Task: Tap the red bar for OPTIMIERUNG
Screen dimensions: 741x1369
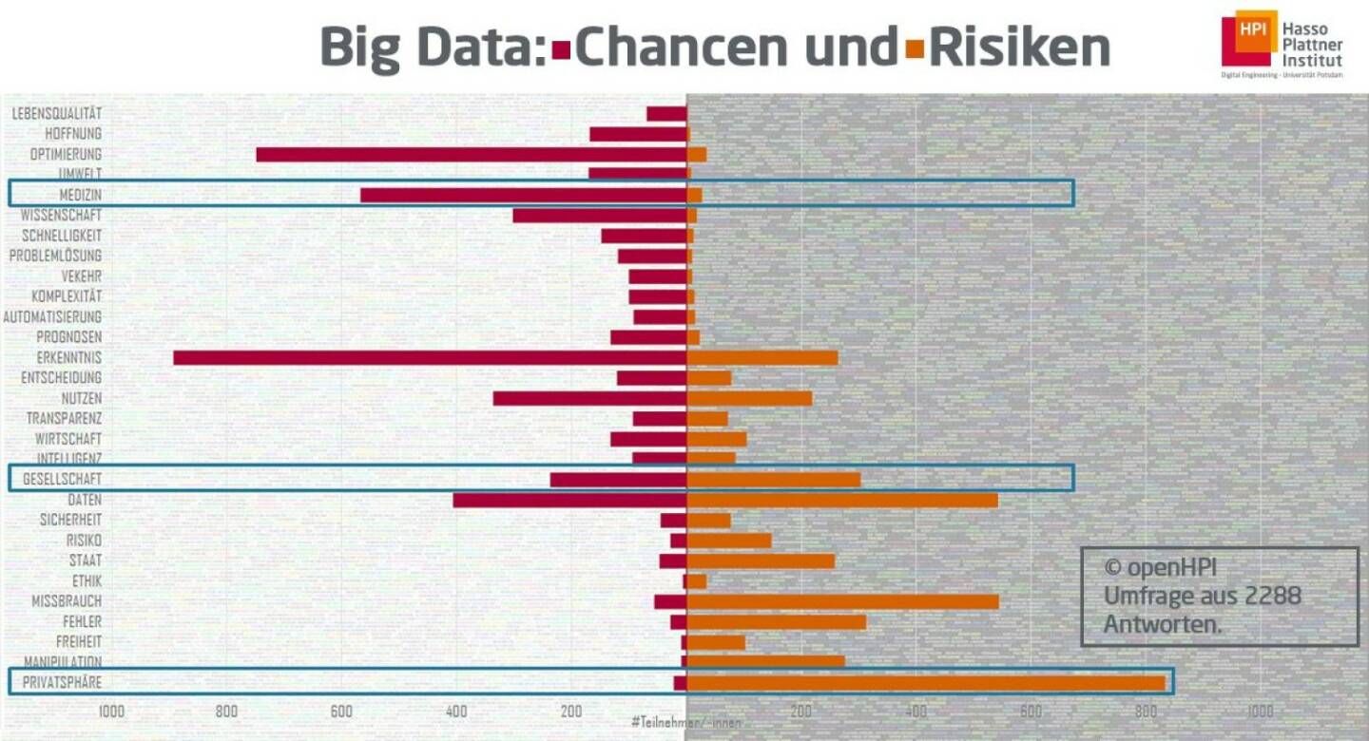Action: (472, 155)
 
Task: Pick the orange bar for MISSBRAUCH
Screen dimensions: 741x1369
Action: (842, 601)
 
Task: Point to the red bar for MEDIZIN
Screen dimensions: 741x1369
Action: (523, 195)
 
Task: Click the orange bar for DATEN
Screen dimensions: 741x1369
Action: (842, 500)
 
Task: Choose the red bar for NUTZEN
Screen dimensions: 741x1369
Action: (589, 398)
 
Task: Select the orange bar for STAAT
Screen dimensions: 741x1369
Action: (761, 560)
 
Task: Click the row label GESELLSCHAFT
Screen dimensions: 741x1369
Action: (62, 479)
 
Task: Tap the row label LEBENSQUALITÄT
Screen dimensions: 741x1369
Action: (57, 114)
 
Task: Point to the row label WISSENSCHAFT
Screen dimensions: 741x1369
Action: (61, 216)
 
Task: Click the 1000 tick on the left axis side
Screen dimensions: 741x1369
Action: (111, 712)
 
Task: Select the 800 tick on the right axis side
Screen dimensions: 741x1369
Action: (1146, 712)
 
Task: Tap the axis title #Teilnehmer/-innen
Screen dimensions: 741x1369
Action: (685, 723)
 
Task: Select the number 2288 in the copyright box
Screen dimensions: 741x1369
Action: (1268, 597)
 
